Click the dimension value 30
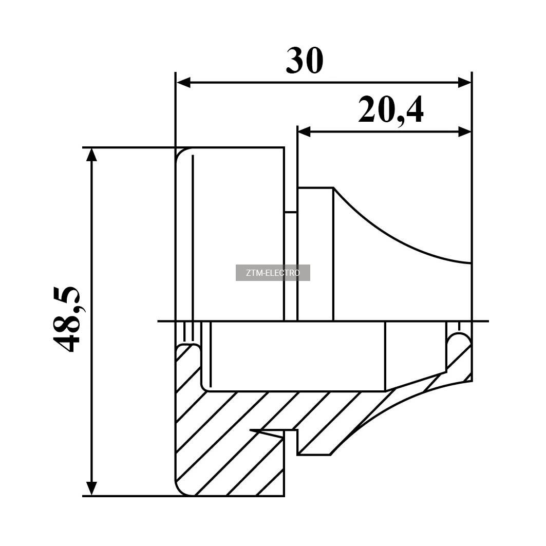click(x=305, y=61)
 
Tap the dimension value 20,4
click(x=391, y=110)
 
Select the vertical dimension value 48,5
click(x=66, y=319)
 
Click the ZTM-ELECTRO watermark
click(x=273, y=273)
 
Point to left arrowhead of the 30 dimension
click(x=183, y=83)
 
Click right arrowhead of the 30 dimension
click(x=464, y=83)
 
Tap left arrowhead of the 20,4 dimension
click(x=305, y=131)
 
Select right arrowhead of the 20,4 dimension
click(x=464, y=131)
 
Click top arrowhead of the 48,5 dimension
click(x=91, y=155)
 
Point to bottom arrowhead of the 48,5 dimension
click(x=91, y=488)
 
